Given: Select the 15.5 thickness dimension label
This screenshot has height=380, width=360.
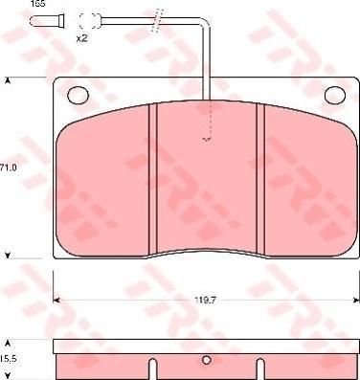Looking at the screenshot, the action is coord(9,359).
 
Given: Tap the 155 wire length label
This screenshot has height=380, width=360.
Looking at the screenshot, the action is coord(38,4).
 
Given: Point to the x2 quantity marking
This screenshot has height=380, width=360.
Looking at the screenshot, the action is coord(82,38).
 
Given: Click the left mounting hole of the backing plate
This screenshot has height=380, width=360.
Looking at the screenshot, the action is coord(78,95).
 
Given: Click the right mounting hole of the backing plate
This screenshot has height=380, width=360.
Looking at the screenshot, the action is coord(335,95).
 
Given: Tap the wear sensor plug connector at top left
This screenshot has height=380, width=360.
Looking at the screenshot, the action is coord(47,21).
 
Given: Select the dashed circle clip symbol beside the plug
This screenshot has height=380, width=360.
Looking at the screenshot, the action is coord(88,21).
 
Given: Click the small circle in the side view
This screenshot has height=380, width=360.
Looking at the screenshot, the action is coord(207,360).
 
